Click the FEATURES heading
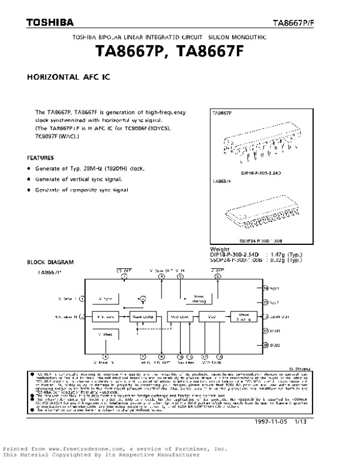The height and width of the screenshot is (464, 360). coord(40,157)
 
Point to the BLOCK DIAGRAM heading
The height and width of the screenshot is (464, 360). coord(50,262)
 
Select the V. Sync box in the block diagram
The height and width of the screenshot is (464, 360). coord(105,298)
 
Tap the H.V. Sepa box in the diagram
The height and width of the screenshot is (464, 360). coord(105,316)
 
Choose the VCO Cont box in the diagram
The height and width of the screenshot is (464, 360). coord(180,316)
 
